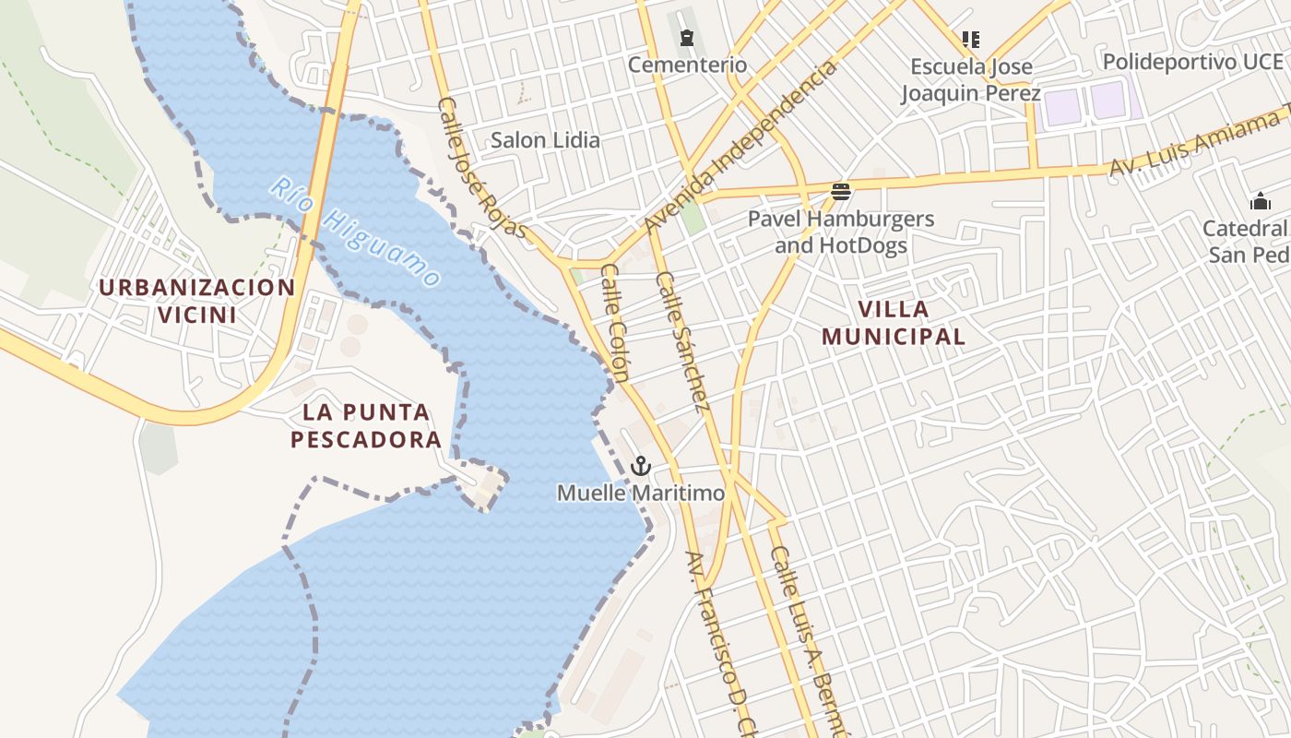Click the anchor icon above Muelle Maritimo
click(x=640, y=466)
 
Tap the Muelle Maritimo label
click(x=641, y=494)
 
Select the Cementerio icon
click(x=687, y=38)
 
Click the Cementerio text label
click(x=687, y=65)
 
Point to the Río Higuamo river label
click(x=355, y=232)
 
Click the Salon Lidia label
click(x=545, y=140)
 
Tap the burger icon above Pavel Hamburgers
click(x=840, y=192)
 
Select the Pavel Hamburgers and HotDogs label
click(x=841, y=232)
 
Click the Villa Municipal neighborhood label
click(x=894, y=323)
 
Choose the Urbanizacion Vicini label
click(x=196, y=301)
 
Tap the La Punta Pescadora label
click(x=367, y=425)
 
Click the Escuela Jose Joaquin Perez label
click(x=971, y=80)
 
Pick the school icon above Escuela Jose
click(x=970, y=39)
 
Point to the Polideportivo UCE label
click(x=1192, y=62)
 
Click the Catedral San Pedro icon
click(x=1260, y=201)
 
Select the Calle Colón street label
click(x=615, y=323)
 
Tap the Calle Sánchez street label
click(x=682, y=341)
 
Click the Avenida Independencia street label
click(x=740, y=147)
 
